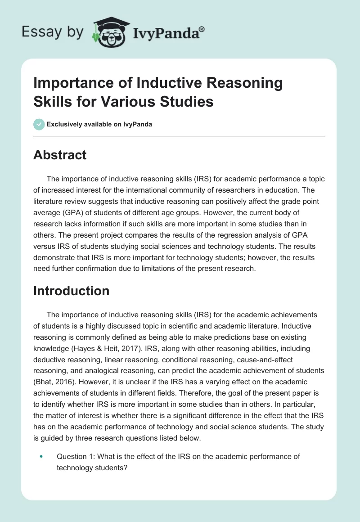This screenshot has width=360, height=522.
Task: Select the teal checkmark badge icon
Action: click(x=39, y=124)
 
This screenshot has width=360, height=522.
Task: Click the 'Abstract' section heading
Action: click(x=60, y=155)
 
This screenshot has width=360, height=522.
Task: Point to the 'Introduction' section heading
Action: click(x=71, y=291)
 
